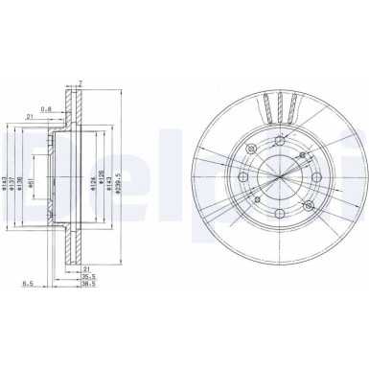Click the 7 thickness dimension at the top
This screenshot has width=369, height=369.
(x=81, y=84)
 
